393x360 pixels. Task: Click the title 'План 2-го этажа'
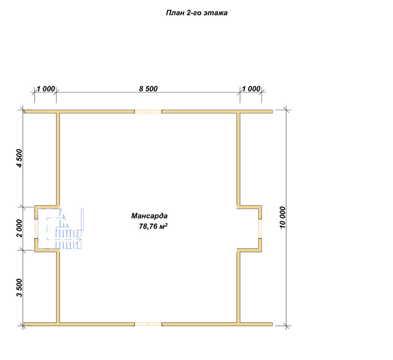pos(196,13)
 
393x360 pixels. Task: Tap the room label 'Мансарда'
pos(149,216)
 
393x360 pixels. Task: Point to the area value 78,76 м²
pos(153,226)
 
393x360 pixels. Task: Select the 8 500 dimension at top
pos(148,89)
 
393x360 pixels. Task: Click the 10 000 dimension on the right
pos(283,217)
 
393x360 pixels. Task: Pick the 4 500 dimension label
pos(19,158)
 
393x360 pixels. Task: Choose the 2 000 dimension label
pos(19,228)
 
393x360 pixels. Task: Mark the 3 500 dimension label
pos(19,288)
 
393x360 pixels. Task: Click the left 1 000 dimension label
pos(46,89)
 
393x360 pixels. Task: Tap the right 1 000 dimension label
pos(251,89)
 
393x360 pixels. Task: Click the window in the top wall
pos(148,112)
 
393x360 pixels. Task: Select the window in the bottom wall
pos(148,324)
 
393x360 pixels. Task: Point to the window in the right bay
pos(260,228)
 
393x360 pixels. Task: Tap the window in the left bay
pos(36,228)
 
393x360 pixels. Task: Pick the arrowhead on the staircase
pos(79,239)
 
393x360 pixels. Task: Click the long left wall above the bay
pos(58,159)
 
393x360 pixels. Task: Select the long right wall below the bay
pos(239,287)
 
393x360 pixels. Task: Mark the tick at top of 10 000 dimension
pos(286,110)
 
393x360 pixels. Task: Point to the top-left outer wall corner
pos(24,110)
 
